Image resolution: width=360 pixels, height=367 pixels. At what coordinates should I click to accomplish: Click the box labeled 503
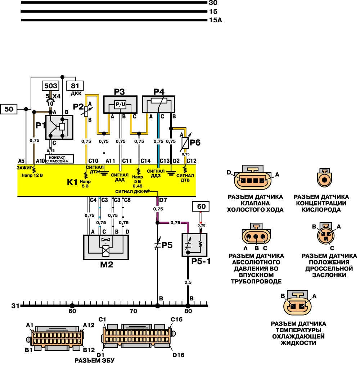click(50, 86)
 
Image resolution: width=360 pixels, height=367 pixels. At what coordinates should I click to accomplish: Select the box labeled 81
click(75, 86)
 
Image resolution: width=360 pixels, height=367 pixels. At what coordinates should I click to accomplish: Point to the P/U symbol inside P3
click(120, 104)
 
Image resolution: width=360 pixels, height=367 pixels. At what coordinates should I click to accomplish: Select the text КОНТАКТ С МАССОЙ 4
click(59, 159)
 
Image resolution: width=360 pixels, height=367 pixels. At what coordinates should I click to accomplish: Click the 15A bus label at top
click(215, 20)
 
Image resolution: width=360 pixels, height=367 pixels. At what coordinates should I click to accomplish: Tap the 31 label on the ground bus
click(15, 306)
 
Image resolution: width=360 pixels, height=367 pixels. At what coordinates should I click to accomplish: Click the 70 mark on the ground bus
click(133, 311)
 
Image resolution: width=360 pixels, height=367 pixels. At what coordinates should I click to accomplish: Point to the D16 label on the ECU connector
click(179, 355)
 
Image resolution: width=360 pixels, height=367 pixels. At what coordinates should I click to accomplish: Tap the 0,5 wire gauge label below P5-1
click(188, 282)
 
